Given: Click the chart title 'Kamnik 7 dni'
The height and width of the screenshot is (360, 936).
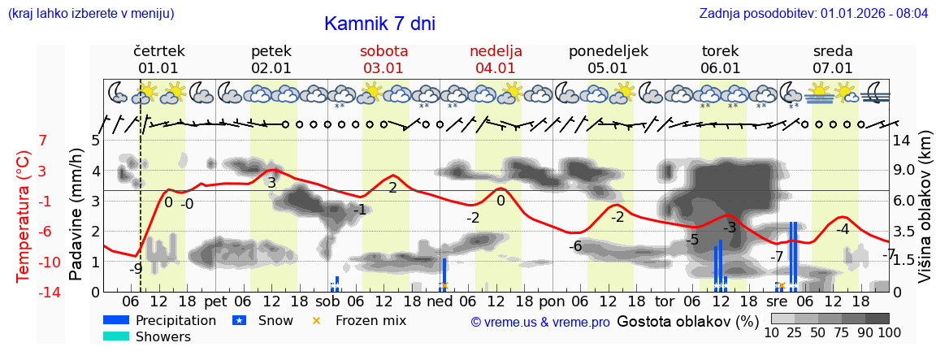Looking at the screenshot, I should point(379,24).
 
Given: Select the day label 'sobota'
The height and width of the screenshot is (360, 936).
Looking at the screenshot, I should point(383,50).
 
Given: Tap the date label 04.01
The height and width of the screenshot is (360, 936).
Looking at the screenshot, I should point(496,68).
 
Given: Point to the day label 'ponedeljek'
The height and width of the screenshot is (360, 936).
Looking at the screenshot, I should point(608,50).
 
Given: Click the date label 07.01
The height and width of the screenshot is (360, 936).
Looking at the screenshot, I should point(833,68).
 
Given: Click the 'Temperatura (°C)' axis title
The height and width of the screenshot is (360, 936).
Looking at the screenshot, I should point(24,216).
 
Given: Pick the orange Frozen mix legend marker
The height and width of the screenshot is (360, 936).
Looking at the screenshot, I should point(316,320).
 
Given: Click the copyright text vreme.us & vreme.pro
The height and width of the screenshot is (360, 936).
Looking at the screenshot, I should point(540,323).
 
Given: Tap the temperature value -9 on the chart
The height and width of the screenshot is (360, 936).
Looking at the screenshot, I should point(136,267).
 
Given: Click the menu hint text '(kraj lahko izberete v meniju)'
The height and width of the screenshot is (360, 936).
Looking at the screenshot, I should point(90,14).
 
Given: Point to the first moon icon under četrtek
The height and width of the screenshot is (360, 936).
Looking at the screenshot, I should point(117,92).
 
